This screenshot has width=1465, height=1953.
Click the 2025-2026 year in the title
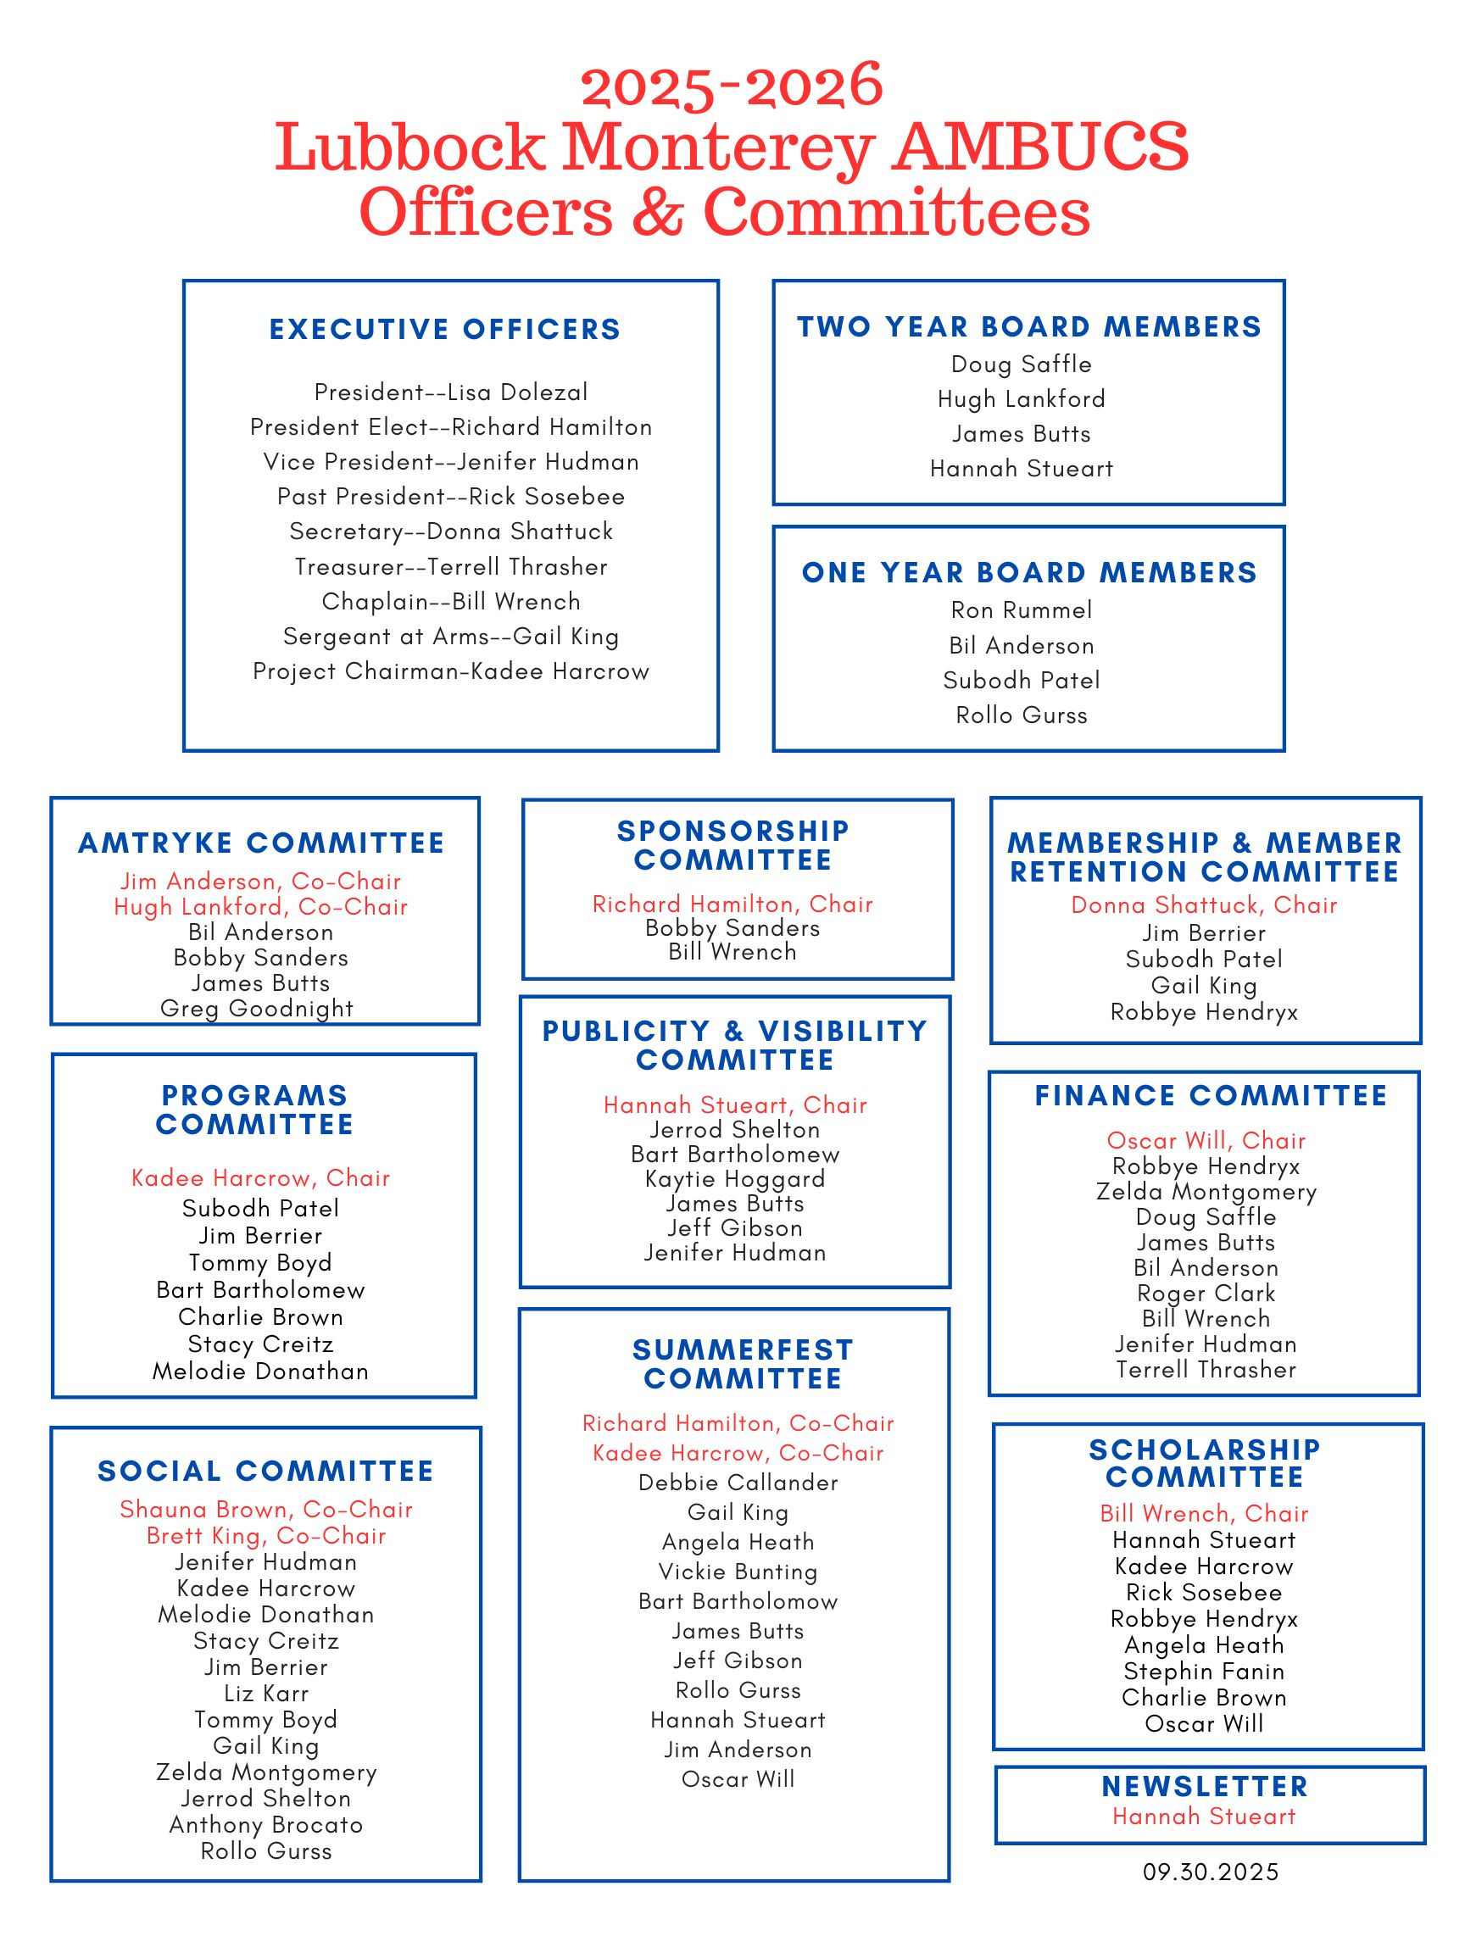pos(731,86)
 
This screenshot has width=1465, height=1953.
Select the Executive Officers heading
pos(445,330)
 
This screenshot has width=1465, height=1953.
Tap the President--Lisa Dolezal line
pos(450,392)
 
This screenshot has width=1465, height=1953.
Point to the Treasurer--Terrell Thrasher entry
pos(450,567)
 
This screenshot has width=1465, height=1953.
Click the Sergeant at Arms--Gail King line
pos(450,637)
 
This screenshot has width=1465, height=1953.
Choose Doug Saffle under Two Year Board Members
pos(1021,364)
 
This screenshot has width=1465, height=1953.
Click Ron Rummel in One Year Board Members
pos(1021,610)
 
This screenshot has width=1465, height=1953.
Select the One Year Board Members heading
pos(1028,572)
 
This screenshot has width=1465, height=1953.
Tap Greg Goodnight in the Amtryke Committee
pos(257,1008)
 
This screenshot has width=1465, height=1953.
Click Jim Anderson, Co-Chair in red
pos(260,882)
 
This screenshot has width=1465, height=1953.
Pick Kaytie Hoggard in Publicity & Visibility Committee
pos(735,1179)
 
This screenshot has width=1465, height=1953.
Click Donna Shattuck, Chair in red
pos(1204,905)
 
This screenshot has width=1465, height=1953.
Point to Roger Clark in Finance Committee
pos(1206,1294)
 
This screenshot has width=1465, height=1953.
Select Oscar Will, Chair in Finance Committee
pos(1206,1141)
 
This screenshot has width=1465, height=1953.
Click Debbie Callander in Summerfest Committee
pos(738,1483)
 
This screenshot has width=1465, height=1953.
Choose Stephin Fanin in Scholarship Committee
pos(1204,1672)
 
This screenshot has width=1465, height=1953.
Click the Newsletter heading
pos(1205,1786)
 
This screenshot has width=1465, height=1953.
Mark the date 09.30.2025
pos(1210,1872)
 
